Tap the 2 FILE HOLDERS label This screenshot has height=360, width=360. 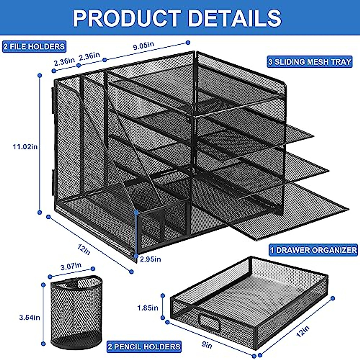click(x=34, y=46)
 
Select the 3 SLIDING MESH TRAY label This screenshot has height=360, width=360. click(x=310, y=62)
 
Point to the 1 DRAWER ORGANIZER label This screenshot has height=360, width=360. click(x=313, y=250)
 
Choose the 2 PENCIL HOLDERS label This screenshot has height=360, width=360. click(x=144, y=347)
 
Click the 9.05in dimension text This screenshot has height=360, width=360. click(x=143, y=46)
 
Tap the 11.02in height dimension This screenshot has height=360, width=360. click(x=25, y=147)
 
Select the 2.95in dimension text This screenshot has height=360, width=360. click(x=151, y=259)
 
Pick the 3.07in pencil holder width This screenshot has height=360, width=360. click(x=71, y=266)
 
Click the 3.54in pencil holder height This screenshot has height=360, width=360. click(x=29, y=317)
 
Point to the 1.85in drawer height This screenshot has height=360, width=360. click(x=148, y=307)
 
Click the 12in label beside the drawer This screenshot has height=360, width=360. click(x=303, y=331)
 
